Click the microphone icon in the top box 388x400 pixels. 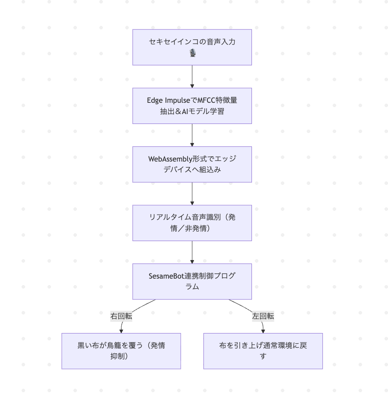point(192,53)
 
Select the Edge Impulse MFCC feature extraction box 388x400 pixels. point(192,105)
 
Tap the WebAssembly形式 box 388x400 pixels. point(192,164)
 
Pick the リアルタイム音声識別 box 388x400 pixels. point(192,222)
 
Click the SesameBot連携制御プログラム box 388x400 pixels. point(192,281)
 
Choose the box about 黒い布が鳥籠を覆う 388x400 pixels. point(121,351)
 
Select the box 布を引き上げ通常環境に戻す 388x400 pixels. point(263,351)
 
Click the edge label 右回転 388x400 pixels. point(121,316)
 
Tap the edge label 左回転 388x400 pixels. point(263,316)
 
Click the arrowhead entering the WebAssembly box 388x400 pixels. point(192,144)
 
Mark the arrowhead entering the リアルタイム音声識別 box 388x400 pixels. point(192,202)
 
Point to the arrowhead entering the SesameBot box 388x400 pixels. point(192,261)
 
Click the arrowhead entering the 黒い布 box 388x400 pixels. point(121,330)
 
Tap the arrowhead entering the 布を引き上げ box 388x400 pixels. point(263,330)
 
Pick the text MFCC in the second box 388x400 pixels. point(201,101)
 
